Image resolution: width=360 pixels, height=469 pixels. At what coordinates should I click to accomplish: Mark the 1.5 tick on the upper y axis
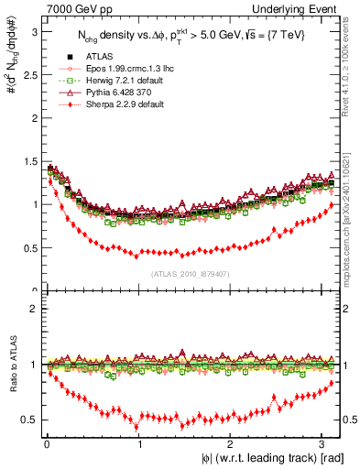click(x=29, y=161)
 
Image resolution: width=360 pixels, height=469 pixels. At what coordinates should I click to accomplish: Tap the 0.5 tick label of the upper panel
click(x=29, y=248)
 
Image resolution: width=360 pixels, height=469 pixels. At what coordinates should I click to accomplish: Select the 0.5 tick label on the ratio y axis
click(x=29, y=420)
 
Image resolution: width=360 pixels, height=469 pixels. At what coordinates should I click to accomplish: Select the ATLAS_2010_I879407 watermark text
click(x=183, y=273)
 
